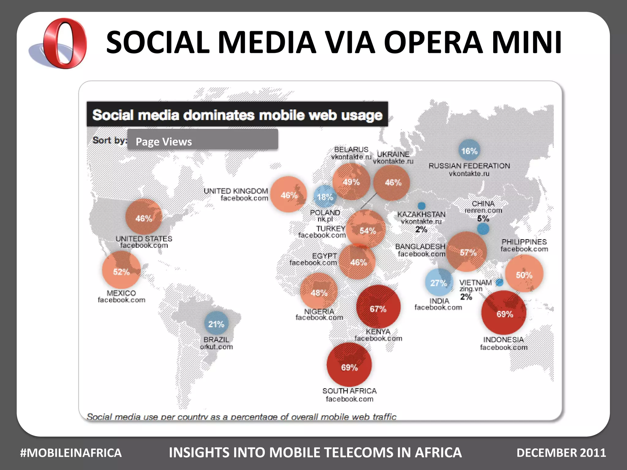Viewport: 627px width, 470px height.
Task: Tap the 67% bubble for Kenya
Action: tap(378, 307)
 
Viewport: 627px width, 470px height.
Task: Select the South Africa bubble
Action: tap(349, 365)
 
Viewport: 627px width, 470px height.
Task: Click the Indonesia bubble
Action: tap(504, 312)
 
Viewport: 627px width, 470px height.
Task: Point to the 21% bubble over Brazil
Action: tap(216, 323)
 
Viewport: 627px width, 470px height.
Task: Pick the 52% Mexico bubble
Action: tap(122, 270)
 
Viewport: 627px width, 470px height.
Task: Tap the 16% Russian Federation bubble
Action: tap(469, 150)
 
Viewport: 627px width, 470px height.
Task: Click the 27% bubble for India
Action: tap(439, 282)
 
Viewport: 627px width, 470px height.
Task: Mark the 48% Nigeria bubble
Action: tap(319, 292)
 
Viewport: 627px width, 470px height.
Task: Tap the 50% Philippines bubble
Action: tap(524, 274)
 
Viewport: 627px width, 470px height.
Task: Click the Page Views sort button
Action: tap(203, 140)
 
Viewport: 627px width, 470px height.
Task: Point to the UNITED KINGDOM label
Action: tap(236, 191)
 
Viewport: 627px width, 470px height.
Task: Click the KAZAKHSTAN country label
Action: tap(421, 214)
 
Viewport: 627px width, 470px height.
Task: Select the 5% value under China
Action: tap(483, 218)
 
